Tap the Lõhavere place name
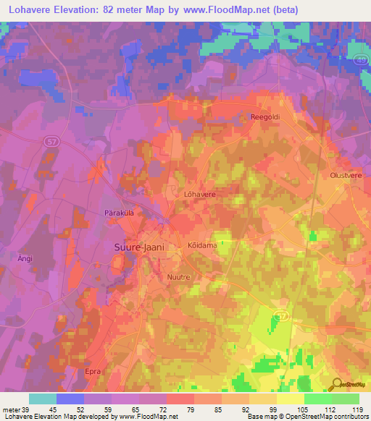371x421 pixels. click(201, 195)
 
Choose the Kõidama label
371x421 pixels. click(203, 245)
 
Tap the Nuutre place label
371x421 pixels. click(179, 276)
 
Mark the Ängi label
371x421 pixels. click(25, 258)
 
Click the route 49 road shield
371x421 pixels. click(361, 61)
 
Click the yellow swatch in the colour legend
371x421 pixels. click(290, 398)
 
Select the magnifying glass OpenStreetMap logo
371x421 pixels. click(337, 384)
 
